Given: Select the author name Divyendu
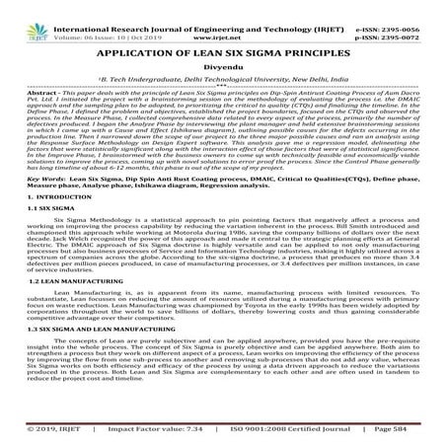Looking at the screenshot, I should (223, 64).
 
